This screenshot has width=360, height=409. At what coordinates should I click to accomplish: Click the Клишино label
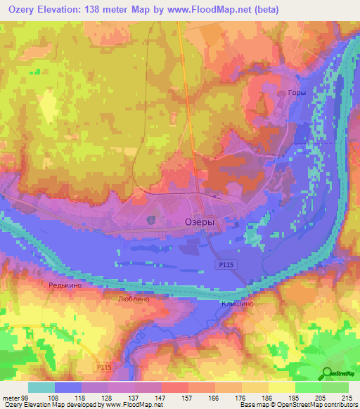click(x=237, y=303)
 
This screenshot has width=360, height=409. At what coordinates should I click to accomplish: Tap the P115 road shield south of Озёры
click(x=223, y=263)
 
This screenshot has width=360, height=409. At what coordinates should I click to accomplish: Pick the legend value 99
click(x=23, y=397)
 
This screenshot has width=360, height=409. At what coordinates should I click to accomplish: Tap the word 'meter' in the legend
click(x=10, y=397)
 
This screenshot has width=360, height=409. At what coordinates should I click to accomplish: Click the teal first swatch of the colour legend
click(x=41, y=387)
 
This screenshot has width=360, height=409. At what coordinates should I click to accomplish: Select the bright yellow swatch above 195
click(x=282, y=387)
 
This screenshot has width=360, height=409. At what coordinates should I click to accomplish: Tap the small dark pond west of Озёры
click(x=152, y=220)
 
